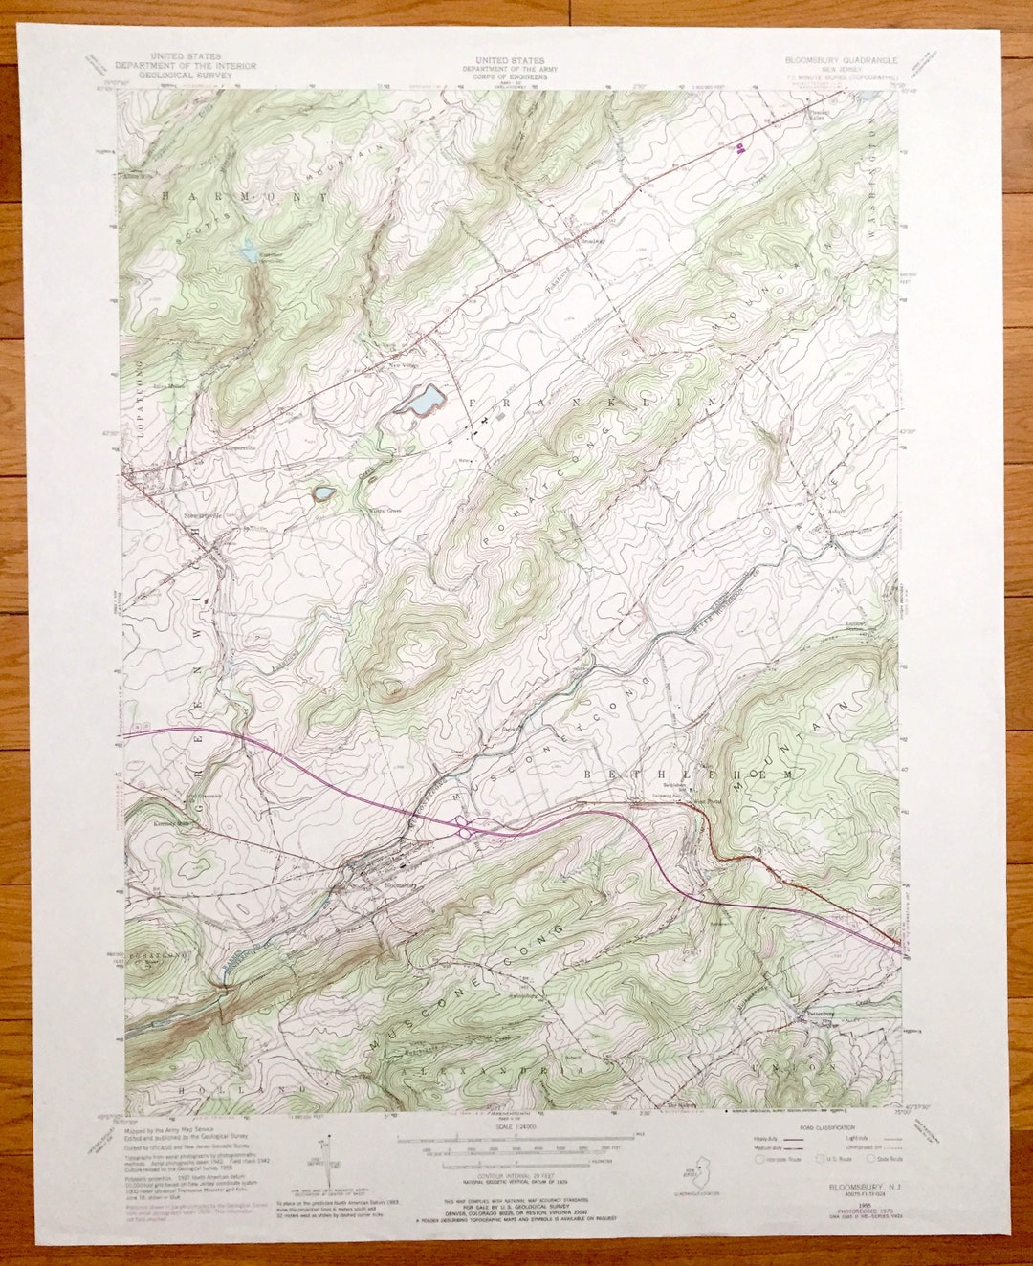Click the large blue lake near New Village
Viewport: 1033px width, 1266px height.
[x=421, y=400]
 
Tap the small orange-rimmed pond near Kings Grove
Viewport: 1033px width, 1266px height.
[x=323, y=493]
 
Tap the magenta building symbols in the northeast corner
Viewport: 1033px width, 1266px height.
[x=742, y=146]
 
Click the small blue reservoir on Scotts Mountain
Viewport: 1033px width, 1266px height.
[x=249, y=252]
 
